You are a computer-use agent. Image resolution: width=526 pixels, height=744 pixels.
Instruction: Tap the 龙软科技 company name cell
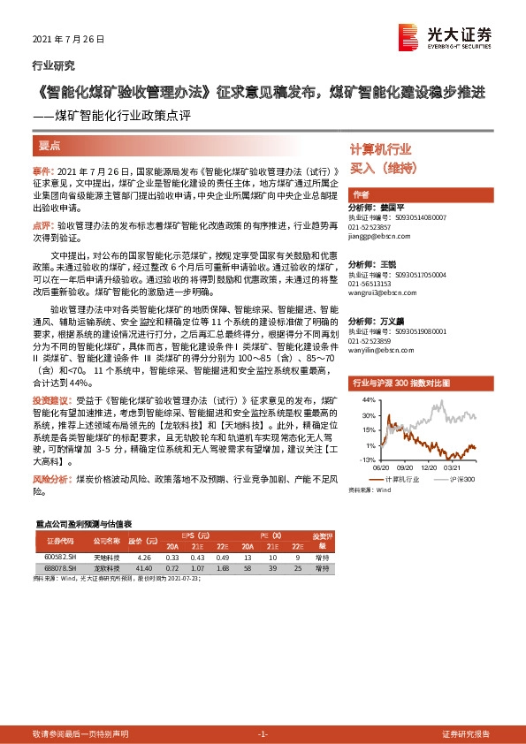pyautogui.click(x=104, y=568)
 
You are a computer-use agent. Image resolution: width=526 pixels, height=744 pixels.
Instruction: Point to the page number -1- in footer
pyautogui.click(x=263, y=734)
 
